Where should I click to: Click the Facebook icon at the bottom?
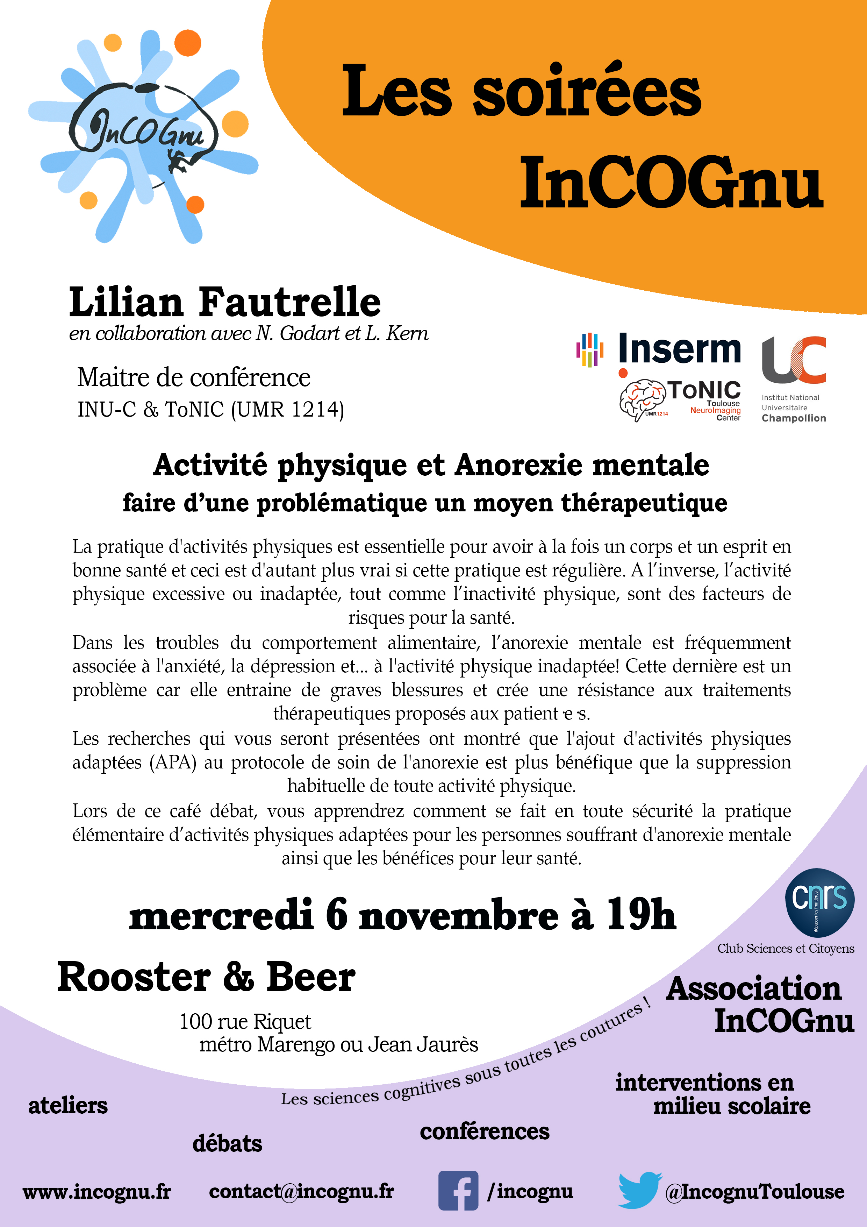click(x=458, y=1191)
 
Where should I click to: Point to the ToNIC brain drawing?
click(x=642, y=399)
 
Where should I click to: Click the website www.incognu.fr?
click(x=97, y=1192)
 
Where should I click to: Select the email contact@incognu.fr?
click(x=301, y=1191)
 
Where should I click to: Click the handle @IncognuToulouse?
click(x=755, y=1192)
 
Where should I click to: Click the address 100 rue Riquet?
click(x=245, y=1021)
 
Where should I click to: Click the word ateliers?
click(x=68, y=1105)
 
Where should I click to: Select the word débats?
click(x=227, y=1143)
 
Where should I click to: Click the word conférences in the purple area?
click(x=485, y=1131)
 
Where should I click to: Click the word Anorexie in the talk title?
click(x=519, y=465)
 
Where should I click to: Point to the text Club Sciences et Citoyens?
click(x=785, y=949)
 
